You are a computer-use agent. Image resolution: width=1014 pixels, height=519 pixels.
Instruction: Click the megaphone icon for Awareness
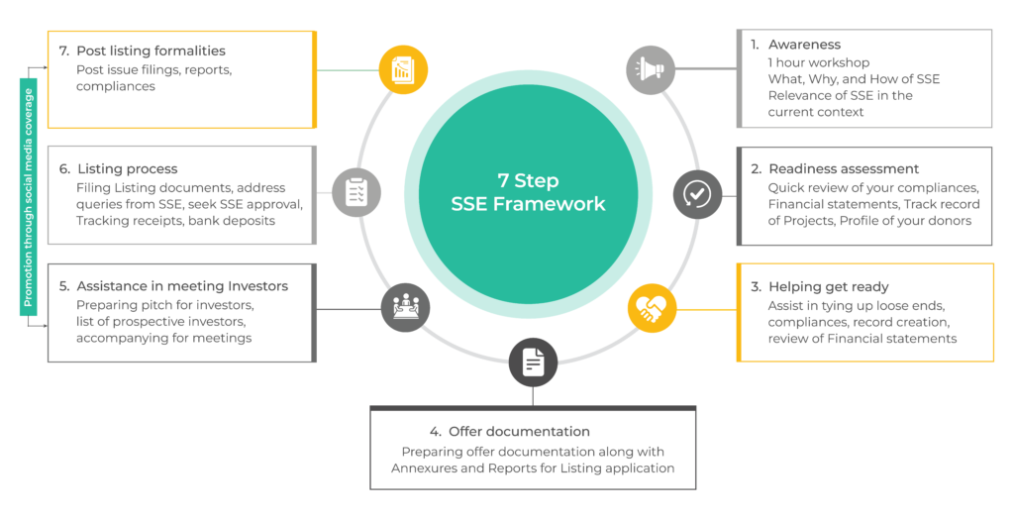(650, 69)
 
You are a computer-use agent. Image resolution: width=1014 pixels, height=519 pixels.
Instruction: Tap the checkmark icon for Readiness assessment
(697, 194)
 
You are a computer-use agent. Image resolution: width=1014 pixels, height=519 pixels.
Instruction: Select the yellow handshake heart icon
(652, 309)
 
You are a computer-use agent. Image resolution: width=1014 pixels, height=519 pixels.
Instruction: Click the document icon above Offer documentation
(533, 362)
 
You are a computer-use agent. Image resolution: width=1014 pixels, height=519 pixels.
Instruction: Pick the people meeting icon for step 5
(406, 308)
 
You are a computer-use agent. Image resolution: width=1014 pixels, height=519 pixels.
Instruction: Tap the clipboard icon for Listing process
(355, 193)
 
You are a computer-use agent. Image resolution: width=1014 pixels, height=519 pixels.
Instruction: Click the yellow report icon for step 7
(403, 69)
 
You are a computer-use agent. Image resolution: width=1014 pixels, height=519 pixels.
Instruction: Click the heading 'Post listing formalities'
(151, 51)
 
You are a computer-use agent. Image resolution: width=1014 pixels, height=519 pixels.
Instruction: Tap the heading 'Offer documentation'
(519, 432)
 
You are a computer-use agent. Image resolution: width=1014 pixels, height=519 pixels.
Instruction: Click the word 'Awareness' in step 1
(803, 45)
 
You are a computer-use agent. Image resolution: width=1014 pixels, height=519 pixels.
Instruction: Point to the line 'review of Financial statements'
(862, 339)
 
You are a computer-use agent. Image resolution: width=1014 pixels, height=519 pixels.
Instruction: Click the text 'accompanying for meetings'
(163, 338)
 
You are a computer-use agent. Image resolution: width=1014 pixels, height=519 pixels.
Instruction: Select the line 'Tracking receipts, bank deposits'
(174, 220)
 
